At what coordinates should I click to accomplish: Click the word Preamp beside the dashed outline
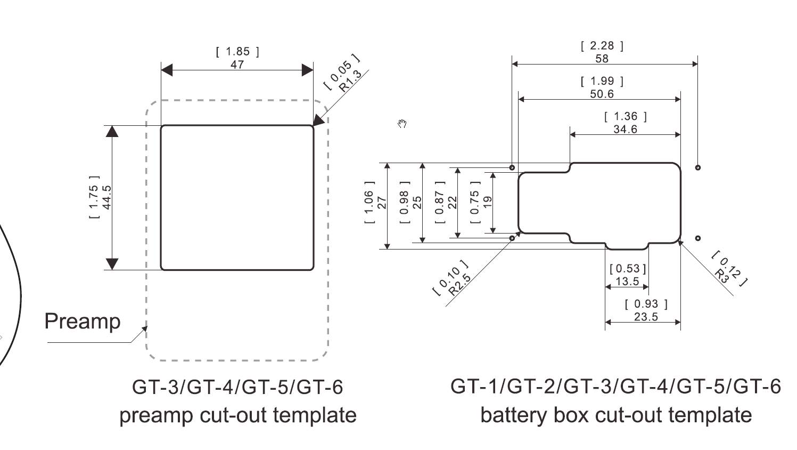point(83,322)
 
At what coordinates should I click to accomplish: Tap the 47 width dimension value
point(237,65)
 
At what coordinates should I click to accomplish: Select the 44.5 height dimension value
point(106,197)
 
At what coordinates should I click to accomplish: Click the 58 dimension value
point(602,59)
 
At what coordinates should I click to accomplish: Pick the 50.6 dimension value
point(602,94)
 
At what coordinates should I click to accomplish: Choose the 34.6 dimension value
point(625,129)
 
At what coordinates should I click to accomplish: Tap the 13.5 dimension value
point(627,281)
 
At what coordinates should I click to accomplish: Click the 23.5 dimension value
point(646,317)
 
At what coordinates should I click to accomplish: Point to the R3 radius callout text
point(722,275)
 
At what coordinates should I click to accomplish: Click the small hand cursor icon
point(402,124)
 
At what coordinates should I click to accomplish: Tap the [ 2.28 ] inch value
point(602,46)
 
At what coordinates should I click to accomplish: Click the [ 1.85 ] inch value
point(237,52)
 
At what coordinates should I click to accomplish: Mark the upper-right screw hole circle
point(698,167)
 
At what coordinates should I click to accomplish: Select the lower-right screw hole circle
point(698,238)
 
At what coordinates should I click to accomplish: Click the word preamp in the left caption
point(149,415)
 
